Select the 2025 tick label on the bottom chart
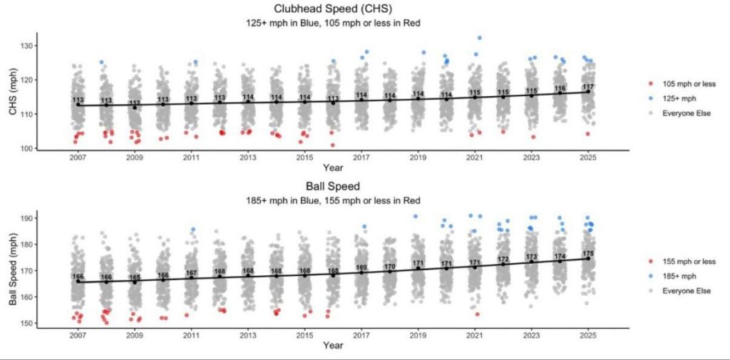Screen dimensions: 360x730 (588, 335)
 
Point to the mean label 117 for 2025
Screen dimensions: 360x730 (588, 86)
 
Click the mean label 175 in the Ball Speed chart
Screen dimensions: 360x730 (588, 254)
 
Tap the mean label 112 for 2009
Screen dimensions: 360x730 (135, 103)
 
